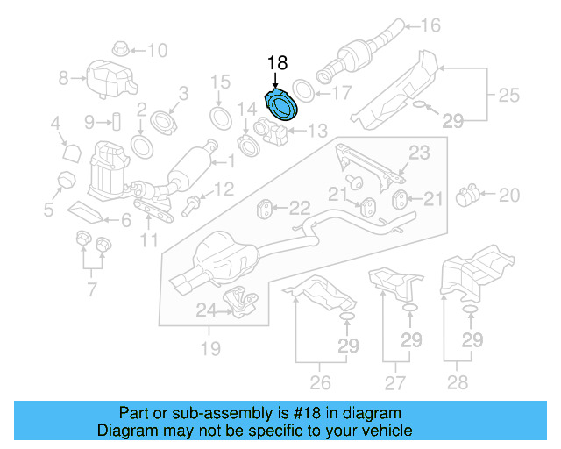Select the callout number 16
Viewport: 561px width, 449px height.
[430, 25]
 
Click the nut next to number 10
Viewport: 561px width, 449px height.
[120, 48]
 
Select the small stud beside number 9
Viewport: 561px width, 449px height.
[114, 120]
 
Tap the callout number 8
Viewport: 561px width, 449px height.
[63, 78]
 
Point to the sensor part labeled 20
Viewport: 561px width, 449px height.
[471, 193]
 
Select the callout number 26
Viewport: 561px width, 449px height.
[320, 382]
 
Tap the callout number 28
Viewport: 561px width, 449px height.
[456, 382]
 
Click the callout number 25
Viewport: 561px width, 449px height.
[509, 93]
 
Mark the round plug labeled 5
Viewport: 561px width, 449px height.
[63, 181]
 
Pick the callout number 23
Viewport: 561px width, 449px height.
[420, 153]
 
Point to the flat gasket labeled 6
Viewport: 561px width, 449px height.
[85, 211]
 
